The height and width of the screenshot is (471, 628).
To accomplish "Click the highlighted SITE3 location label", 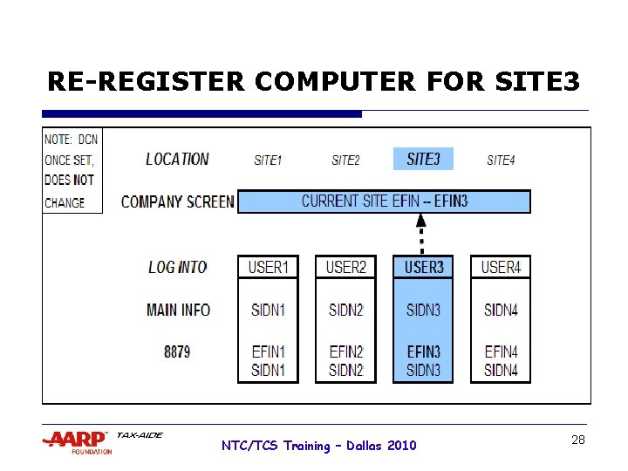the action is point(423,159).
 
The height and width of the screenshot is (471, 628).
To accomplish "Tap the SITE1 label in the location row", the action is point(268,160).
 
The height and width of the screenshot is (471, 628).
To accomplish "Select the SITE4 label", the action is point(501,160).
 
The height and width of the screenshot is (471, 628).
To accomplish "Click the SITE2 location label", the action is point(345,160).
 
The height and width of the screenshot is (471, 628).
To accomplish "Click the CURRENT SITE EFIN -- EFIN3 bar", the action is point(384,201).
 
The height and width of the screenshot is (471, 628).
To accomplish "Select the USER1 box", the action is point(268,267).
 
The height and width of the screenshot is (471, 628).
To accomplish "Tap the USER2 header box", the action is point(345,267).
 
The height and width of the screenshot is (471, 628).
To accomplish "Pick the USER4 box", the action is point(501,267).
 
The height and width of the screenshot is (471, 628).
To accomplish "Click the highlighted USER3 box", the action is point(423,267).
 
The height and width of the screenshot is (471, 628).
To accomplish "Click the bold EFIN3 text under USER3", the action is point(423,352).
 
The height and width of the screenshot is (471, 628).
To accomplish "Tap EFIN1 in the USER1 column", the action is point(268,352).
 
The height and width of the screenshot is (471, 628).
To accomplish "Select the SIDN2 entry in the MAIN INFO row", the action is point(345,310).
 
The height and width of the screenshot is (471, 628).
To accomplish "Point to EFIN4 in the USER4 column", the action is point(501,352).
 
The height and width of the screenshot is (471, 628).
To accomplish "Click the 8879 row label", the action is point(177,352).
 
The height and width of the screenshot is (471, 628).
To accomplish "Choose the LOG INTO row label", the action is point(177,267).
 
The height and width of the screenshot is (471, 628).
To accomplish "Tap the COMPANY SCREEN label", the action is point(177,201).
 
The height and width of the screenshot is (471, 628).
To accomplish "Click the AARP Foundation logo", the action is point(78,441).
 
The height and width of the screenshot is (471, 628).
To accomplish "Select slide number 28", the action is point(577,440).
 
